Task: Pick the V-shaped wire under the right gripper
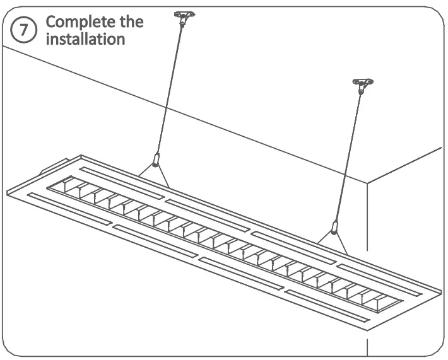(332, 240)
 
